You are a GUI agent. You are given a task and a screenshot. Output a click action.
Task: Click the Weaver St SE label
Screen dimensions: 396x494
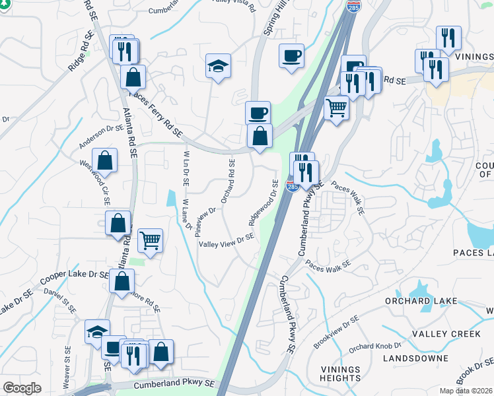point(67,367)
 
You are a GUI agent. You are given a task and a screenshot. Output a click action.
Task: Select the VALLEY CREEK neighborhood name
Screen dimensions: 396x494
point(446,334)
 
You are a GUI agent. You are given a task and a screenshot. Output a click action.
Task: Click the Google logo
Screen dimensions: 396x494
point(22,387)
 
